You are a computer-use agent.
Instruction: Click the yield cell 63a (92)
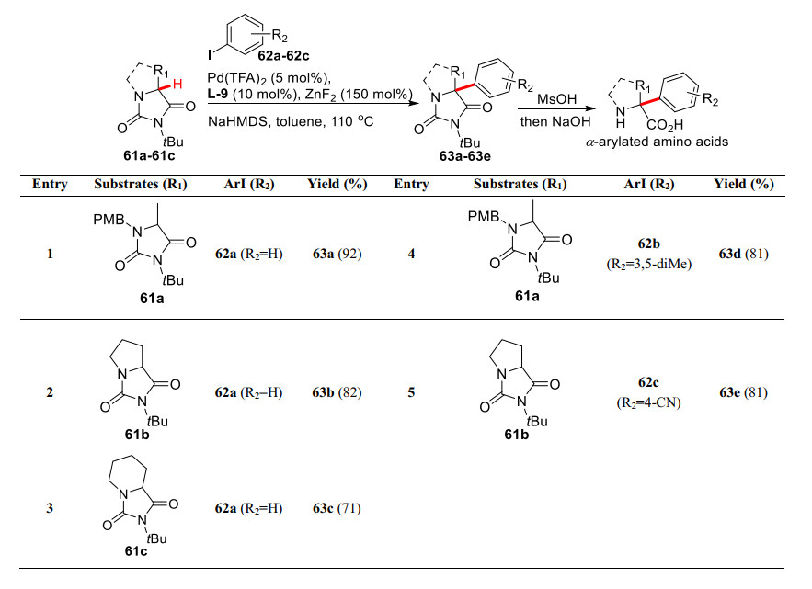point(337,254)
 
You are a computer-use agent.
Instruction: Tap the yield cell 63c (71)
point(337,508)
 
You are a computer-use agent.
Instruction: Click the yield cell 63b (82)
point(337,392)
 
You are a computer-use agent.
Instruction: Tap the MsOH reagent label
point(556,96)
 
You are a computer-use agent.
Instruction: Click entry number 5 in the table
point(411,392)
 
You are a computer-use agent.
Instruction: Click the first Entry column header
point(50,184)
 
